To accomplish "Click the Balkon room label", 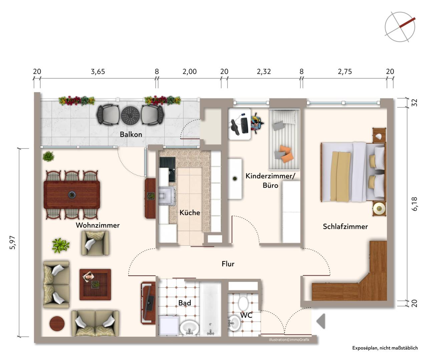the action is coord(131,134).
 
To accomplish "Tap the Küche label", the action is coord(190,213).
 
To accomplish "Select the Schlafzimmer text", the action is coord(345,226).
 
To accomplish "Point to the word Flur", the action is coord(228,264).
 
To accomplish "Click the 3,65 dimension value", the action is coord(98,72).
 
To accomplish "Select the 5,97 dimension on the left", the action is coord(12,243).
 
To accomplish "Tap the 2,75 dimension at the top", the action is coord(345,72).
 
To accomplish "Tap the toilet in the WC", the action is coord(243,304).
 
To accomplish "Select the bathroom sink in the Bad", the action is coord(189,328).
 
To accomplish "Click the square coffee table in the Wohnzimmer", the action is coord(95,285).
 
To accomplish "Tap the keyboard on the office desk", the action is coord(245,125).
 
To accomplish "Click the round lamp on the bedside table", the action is coord(379,209).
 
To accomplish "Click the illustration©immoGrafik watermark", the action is coord(289,340).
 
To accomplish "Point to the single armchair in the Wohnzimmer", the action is coord(95,243).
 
